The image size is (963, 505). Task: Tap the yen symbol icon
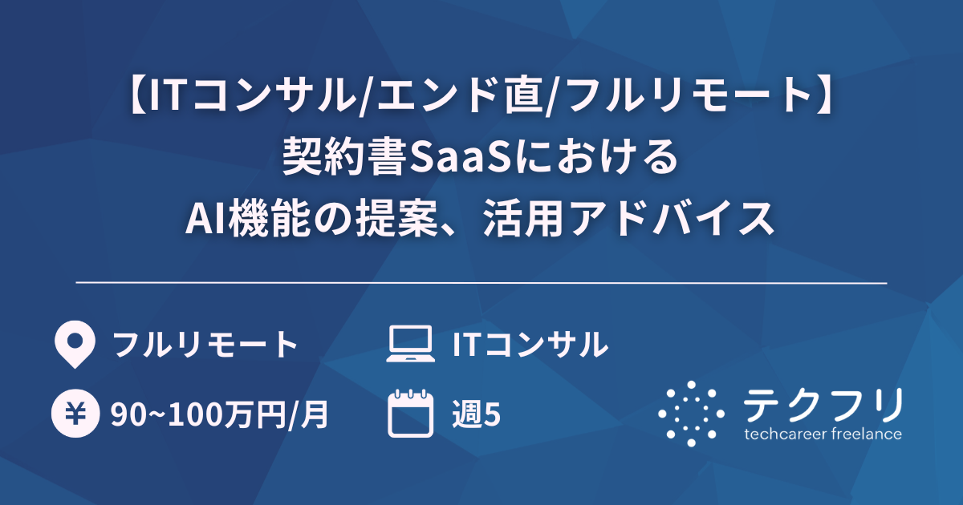click(74, 414)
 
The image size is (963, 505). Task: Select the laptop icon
click(410, 345)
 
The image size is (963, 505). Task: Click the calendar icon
click(410, 414)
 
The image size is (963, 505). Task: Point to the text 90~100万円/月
click(219, 414)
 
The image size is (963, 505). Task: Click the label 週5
click(477, 414)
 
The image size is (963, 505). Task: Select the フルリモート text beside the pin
click(205, 345)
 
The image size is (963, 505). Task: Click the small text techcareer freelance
click(823, 434)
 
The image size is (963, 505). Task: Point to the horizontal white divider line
click(481, 283)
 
